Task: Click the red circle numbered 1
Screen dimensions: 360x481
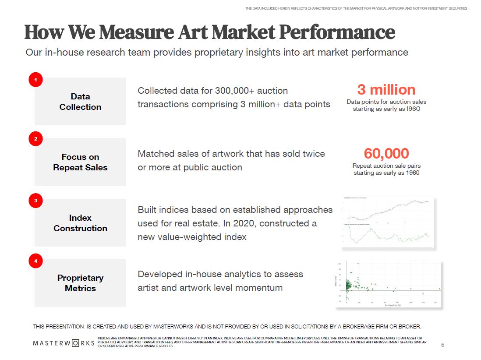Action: tap(35, 80)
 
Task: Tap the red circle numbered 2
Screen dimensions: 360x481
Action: tap(35, 139)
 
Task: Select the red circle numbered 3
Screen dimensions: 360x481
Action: tap(35, 201)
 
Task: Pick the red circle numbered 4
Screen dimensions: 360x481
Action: tap(35, 261)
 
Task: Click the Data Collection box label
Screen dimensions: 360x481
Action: tap(80, 102)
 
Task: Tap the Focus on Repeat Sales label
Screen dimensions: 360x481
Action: tap(80, 162)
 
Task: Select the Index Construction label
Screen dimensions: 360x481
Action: tap(80, 223)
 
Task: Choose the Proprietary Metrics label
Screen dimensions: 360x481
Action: tap(80, 283)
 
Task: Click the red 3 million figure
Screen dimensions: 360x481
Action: tap(386, 89)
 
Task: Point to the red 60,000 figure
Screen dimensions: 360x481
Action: tap(386, 153)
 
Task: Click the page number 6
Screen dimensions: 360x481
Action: tap(442, 345)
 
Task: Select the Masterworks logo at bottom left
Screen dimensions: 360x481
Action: tap(64, 342)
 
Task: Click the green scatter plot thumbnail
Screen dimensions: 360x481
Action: tap(389, 283)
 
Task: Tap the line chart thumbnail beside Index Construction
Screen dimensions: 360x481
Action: tap(388, 222)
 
